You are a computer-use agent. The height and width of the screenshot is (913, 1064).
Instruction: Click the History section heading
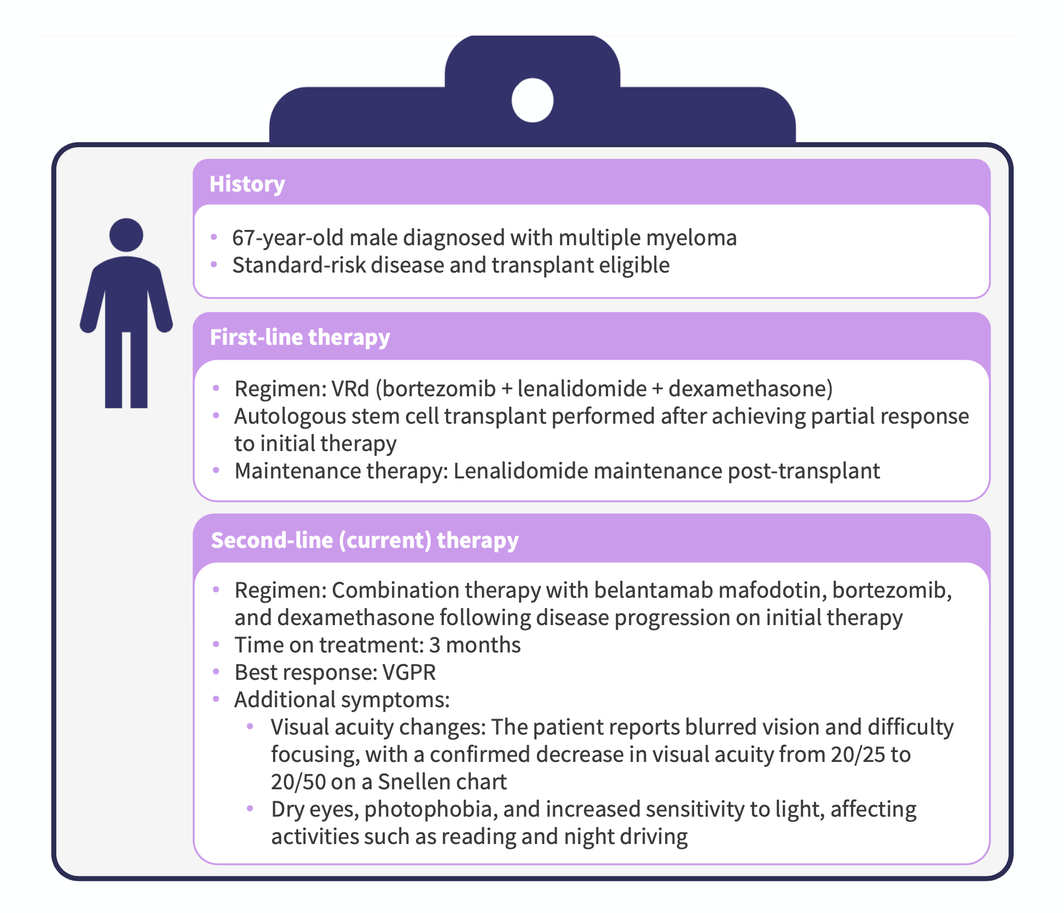coord(247,184)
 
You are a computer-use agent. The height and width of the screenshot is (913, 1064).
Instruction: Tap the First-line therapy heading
coord(300,337)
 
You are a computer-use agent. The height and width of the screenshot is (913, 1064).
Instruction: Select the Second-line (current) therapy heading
coord(365,540)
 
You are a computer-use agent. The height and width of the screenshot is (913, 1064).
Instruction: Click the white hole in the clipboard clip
coord(533,100)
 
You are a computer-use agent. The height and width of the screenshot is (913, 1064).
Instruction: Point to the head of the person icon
coord(126,235)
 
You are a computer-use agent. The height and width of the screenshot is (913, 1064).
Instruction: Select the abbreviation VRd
coord(350,389)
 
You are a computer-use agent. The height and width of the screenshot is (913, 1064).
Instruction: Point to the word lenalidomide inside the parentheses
coord(582,389)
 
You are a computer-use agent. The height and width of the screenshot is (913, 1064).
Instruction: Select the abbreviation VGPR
coord(409,672)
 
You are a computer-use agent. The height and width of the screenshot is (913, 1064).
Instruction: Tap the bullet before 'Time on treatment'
coord(216,644)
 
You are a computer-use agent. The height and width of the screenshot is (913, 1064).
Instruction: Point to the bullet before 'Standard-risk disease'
coord(214,264)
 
